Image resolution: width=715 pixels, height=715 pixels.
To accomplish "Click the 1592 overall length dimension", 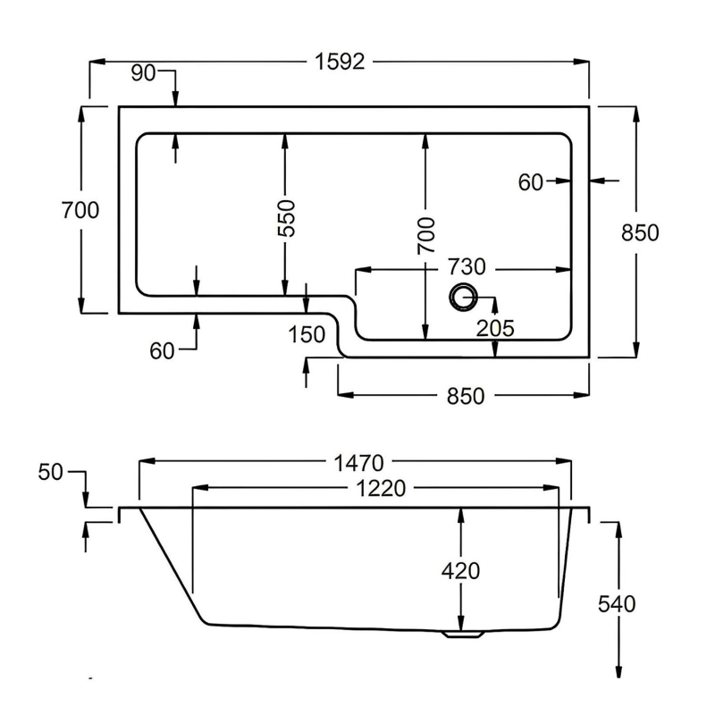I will coord(340,63).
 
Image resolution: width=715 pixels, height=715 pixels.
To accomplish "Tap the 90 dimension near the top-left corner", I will coord(143,73).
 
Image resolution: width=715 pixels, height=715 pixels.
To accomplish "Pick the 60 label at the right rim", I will coord(531,182).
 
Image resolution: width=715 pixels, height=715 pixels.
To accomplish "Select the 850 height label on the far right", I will coord(639,232).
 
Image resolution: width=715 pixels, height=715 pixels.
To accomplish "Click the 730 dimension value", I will coord(466,267).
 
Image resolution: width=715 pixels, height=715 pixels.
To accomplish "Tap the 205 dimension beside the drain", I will coord(495,328).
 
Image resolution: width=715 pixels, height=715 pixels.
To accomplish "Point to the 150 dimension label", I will coord(307,334).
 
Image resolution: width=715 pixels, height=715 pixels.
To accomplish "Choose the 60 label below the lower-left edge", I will coord(162,351).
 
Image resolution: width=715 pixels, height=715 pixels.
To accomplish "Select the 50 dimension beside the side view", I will coord(51,473).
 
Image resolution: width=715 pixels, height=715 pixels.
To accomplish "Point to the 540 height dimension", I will coord(617,604).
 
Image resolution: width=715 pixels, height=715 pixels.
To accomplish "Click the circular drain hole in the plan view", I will coord(464,297).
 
